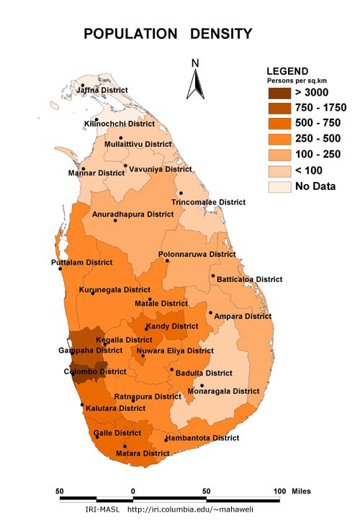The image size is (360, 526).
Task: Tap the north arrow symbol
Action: (x=194, y=80)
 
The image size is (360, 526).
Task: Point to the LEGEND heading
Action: (x=287, y=71)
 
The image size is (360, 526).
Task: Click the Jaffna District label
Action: (x=102, y=90)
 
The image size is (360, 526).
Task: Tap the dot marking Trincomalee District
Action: (x=181, y=194)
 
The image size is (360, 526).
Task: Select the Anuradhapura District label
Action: (x=133, y=214)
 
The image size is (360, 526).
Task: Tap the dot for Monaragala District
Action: (x=202, y=386)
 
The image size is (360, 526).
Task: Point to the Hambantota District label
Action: (x=202, y=437)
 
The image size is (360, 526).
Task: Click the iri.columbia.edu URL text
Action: (x=190, y=509)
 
